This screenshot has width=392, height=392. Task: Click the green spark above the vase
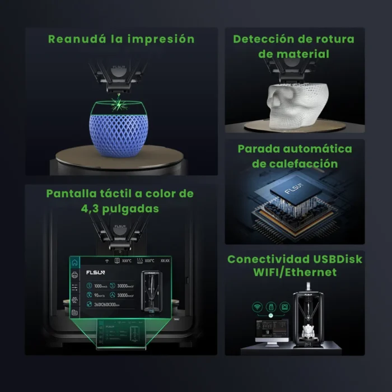click(x=118, y=103)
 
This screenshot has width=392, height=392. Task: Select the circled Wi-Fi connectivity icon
click(x=258, y=307)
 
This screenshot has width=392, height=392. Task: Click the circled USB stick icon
click(x=272, y=307)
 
